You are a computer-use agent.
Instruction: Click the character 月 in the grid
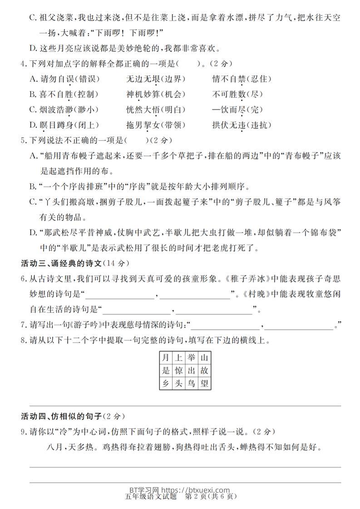(166, 357)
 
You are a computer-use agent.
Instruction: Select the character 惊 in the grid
(178, 371)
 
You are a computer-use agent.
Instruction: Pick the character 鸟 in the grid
(191, 384)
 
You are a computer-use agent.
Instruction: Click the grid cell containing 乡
(166, 384)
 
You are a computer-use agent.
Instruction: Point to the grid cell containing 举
(191, 357)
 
